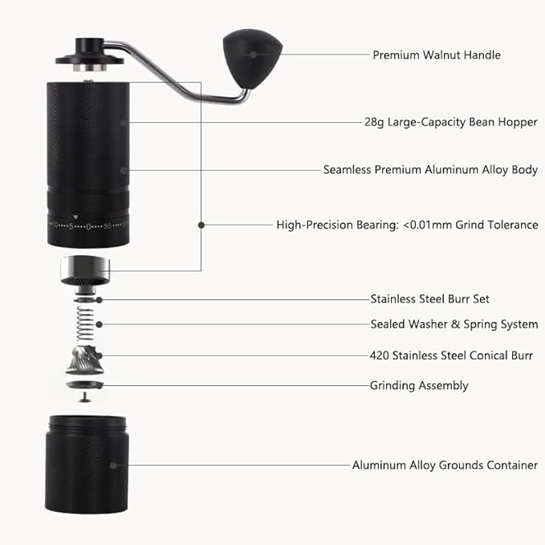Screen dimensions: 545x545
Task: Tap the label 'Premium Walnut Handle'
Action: pyautogui.click(x=436, y=55)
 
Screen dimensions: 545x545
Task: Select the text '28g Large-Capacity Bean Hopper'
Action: pyautogui.click(x=450, y=122)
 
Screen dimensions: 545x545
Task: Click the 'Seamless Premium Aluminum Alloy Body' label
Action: pyautogui.click(x=430, y=170)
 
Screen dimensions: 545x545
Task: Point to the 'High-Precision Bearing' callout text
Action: pyautogui.click(x=407, y=225)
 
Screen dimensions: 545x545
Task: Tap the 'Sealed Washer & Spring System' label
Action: pyautogui.click(x=453, y=324)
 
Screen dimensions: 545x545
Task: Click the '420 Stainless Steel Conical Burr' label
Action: pyautogui.click(x=451, y=355)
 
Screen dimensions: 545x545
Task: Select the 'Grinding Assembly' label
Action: pyautogui.click(x=418, y=385)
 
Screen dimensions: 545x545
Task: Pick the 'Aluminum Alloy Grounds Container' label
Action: pyautogui.click(x=445, y=465)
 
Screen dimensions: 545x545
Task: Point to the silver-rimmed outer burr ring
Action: pyautogui.click(x=87, y=270)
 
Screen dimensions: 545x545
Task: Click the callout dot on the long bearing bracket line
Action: pyautogui.click(x=201, y=225)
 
